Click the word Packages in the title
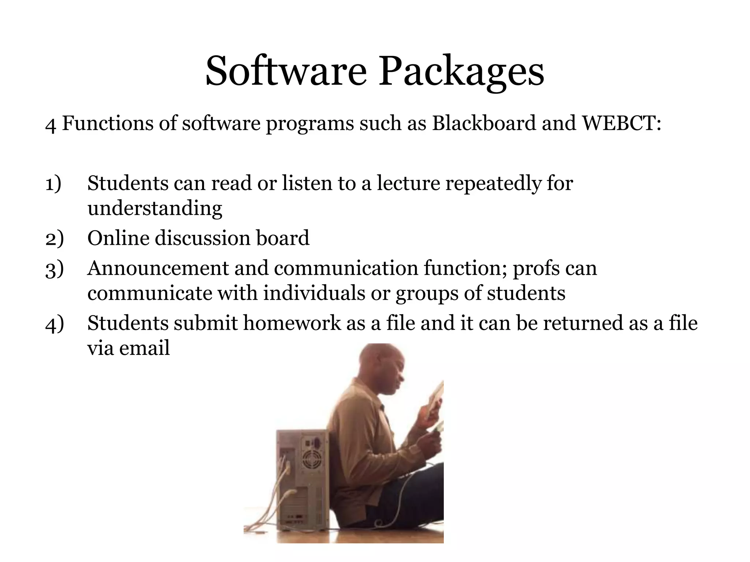(461, 72)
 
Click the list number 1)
(53, 183)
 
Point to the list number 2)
(55, 239)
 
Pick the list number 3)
(55, 269)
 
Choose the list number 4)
(55, 323)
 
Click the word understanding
(155, 209)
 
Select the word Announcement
(158, 268)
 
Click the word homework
(292, 323)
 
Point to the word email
(144, 348)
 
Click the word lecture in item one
(408, 183)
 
